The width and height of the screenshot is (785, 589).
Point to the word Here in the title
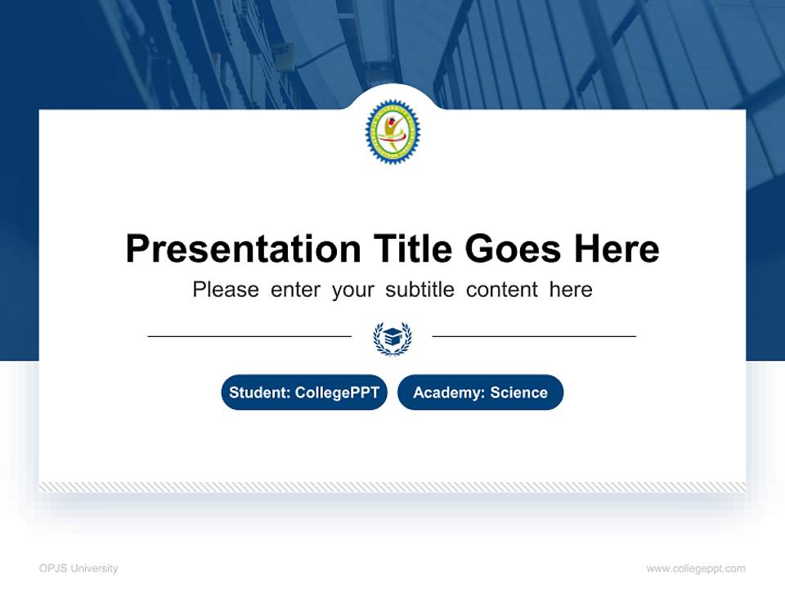(616, 249)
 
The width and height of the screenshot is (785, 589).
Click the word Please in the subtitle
(226, 290)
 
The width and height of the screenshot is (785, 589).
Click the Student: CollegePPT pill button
(304, 393)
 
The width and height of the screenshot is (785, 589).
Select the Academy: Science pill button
(480, 393)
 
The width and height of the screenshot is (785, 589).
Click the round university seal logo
(392, 132)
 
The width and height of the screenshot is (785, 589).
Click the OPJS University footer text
(78, 569)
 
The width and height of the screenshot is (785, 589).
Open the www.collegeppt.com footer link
(696, 569)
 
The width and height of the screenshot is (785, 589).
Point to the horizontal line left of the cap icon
(249, 336)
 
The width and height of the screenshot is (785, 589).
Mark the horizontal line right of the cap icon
(534, 336)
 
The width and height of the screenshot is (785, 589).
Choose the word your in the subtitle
(352, 290)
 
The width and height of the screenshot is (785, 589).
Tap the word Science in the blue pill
(518, 393)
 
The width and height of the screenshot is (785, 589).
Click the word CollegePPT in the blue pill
(337, 393)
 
